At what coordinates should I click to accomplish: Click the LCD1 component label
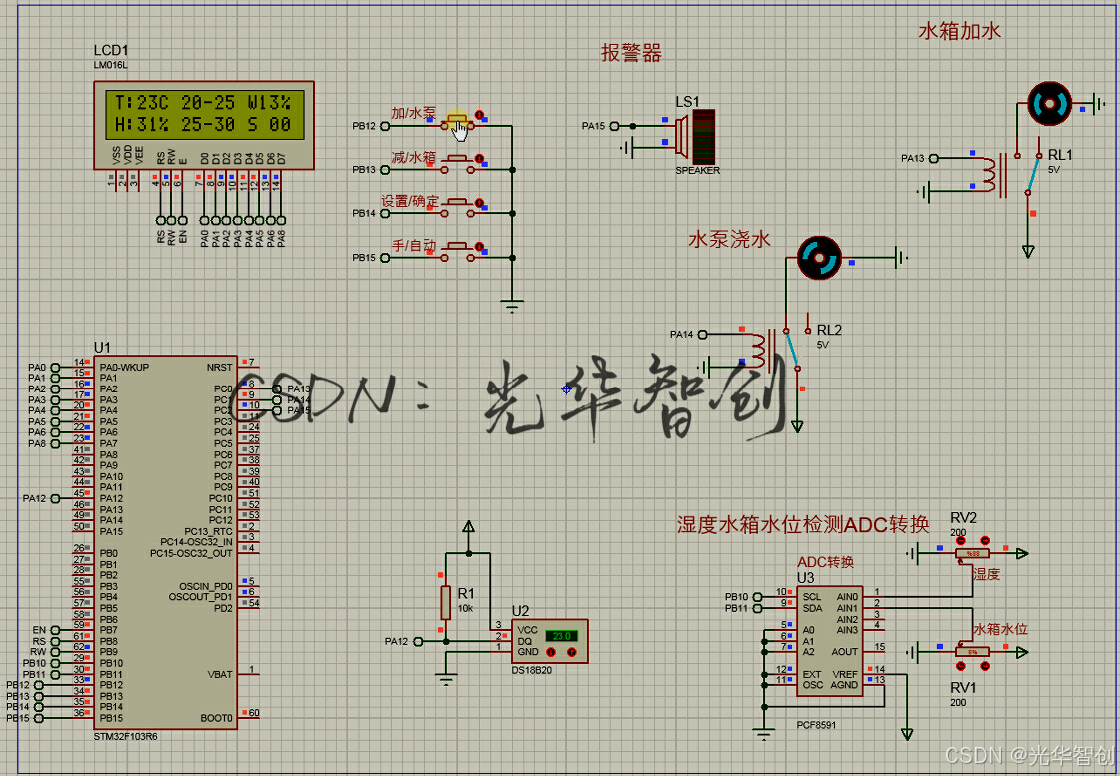pos(110,50)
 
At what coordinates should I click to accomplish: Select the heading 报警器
pos(631,53)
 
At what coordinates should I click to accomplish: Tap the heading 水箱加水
pos(959,31)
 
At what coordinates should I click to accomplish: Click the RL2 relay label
pos(829,330)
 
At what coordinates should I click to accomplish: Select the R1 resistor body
pos(446,602)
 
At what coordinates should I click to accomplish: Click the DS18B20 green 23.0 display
pos(561,635)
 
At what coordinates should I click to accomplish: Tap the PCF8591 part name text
pos(818,726)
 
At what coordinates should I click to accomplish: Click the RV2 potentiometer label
pos(964,517)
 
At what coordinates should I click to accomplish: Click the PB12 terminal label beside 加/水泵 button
pos(363,126)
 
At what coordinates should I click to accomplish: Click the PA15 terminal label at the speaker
pos(594,126)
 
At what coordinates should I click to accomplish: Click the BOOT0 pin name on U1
pos(216,718)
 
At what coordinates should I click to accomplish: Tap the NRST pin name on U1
pos(219,367)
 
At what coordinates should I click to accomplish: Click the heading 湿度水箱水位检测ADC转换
pos(803,524)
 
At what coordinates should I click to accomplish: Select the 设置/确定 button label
pos(410,201)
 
